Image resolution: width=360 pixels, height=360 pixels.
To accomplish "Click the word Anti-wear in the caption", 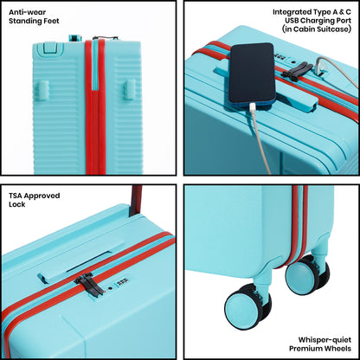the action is (x=28, y=12).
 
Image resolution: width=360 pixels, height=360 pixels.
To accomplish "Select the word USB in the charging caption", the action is (x=292, y=21).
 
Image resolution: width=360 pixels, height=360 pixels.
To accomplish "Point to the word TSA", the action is (x=15, y=196).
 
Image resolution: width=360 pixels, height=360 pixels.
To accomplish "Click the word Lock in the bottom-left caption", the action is (x=17, y=204).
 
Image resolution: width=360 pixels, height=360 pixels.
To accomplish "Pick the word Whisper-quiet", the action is (x=325, y=339).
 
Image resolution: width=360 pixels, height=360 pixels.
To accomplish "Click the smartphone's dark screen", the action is (x=252, y=73).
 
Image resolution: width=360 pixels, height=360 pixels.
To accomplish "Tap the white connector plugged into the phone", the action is (x=253, y=110).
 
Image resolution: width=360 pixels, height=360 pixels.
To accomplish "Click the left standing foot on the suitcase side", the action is (x=42, y=91).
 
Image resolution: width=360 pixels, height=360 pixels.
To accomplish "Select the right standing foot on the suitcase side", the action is (x=130, y=90).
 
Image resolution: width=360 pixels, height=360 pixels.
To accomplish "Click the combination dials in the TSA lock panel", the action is (x=123, y=281).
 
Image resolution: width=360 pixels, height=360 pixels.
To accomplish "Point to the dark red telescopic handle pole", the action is (x=136, y=201).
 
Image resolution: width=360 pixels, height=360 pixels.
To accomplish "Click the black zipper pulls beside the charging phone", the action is (x=296, y=70).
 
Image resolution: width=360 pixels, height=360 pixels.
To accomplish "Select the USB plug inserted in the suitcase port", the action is (x=318, y=68).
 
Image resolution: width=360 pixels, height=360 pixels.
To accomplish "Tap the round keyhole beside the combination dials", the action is (x=110, y=288).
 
